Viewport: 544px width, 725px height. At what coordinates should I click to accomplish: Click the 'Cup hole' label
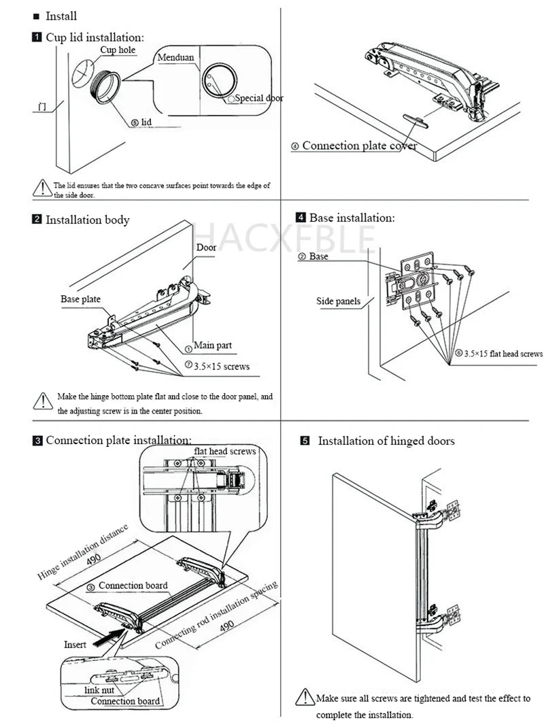[x=118, y=50]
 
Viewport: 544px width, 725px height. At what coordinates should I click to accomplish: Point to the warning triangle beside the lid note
[x=42, y=188]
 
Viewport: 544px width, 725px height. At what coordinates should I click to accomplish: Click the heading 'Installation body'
[x=87, y=220]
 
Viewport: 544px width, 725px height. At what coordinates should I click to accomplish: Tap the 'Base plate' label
[x=80, y=299]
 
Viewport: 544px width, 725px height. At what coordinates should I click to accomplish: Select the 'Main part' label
[x=212, y=345]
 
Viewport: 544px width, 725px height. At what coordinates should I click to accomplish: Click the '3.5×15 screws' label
[x=221, y=367]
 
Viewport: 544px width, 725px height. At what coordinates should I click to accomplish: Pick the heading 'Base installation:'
[x=352, y=218]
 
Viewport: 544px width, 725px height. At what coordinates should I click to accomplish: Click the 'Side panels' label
[x=338, y=301]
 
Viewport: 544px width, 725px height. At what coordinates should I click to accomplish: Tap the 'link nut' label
[x=99, y=690]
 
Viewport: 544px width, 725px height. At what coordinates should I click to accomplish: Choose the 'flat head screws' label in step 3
[x=224, y=452]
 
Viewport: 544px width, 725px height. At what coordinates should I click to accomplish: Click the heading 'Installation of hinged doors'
[x=386, y=441]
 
